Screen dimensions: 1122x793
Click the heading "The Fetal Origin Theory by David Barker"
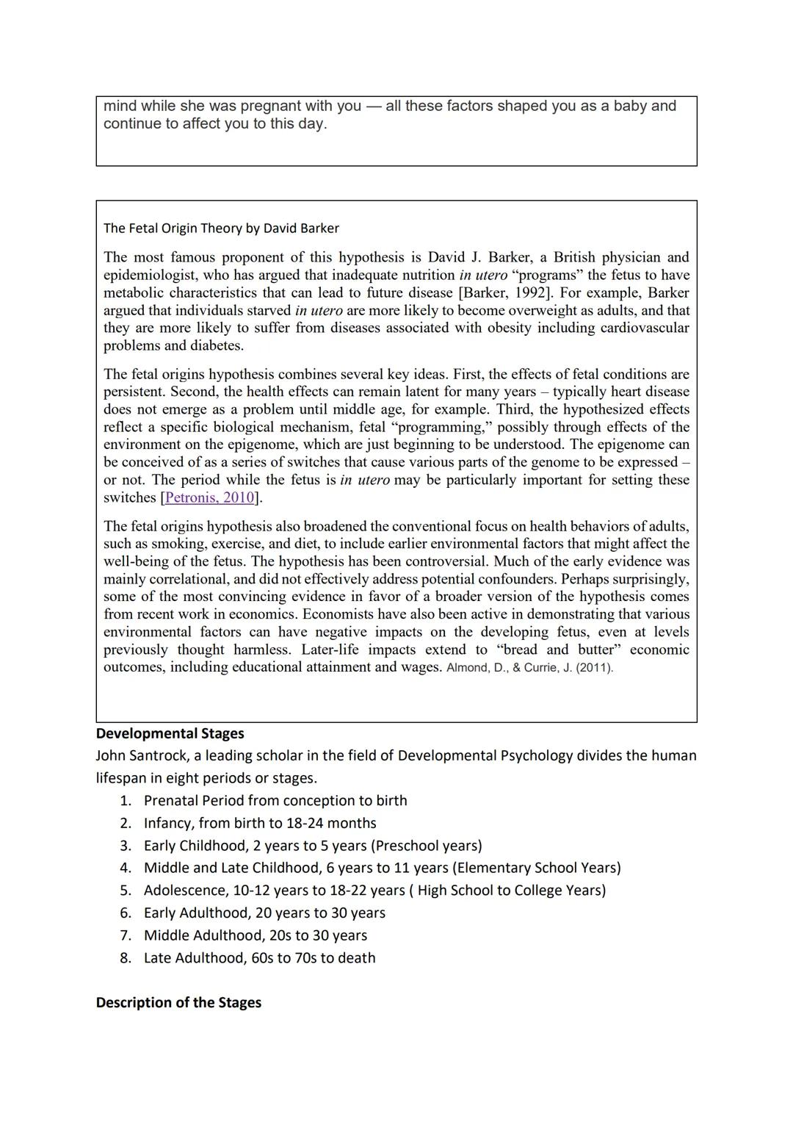point(221,228)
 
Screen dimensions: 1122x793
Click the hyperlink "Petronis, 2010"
point(210,497)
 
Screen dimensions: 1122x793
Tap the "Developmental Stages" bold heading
point(170,733)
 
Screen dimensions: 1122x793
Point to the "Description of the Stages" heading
point(178,1002)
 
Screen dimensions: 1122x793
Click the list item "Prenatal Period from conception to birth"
point(275,800)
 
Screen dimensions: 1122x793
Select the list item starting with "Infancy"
point(260,823)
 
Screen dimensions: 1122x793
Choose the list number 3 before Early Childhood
point(126,846)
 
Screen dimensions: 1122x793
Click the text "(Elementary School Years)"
point(536,868)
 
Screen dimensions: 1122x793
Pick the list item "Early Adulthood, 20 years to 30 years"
point(264,913)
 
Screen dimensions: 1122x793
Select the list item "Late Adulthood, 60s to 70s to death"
point(259,957)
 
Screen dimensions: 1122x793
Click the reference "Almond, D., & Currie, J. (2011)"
point(529,668)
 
